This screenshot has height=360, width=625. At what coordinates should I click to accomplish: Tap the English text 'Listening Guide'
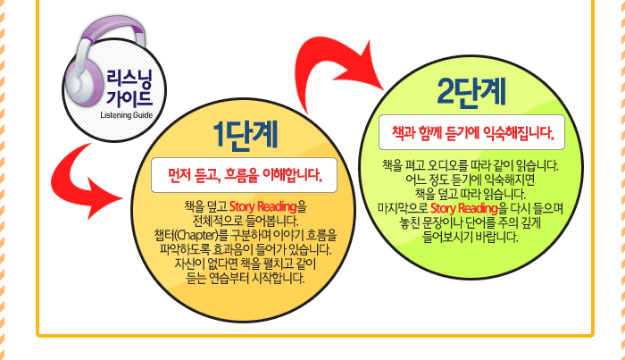pos(127,115)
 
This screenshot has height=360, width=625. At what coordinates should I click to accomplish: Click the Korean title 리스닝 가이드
pos(129,88)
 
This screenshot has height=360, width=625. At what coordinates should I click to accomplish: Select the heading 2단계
pos(471,92)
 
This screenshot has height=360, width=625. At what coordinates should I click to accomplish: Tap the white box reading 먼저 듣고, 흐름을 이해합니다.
pos(244,175)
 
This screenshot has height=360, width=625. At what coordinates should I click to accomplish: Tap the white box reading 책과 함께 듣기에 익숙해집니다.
pos(471,132)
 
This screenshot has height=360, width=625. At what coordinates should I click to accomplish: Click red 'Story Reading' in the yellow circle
pos(262,206)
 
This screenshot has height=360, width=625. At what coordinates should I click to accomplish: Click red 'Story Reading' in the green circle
pos(464,208)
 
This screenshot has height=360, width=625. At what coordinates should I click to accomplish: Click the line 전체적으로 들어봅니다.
pos(246,221)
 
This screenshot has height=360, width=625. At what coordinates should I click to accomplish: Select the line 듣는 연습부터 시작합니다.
pos(246,278)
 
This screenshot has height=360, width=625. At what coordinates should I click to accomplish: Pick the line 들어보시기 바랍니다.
pos(471,237)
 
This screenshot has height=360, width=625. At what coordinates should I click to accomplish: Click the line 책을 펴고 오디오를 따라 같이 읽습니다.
pos(471,165)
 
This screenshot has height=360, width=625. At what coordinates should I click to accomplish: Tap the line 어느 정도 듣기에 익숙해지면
pos(471,180)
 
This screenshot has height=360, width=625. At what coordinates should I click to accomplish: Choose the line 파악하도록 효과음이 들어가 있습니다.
pos(246,249)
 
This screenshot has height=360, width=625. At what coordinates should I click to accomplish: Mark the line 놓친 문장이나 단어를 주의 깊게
pos(471,222)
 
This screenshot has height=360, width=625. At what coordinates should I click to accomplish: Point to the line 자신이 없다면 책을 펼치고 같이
pos(246,264)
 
